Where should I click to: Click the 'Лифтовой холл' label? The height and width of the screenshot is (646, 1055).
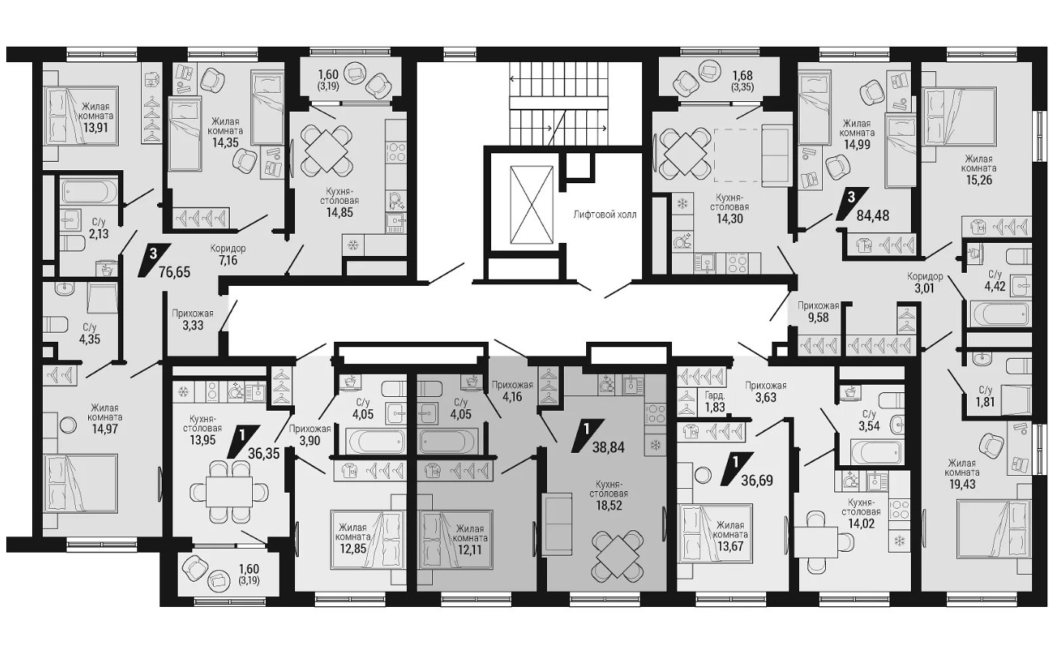[x=604, y=215]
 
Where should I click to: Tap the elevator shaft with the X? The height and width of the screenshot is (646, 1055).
[x=532, y=205]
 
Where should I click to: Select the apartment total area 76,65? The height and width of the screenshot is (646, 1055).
[x=175, y=272]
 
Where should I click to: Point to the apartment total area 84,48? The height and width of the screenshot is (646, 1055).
[x=873, y=216]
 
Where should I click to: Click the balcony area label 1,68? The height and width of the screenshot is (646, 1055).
[x=742, y=75]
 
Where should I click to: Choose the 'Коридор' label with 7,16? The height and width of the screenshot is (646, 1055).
[x=228, y=248]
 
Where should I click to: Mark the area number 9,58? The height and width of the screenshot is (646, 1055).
[x=818, y=317]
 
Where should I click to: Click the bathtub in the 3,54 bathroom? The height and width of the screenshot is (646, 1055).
[x=876, y=452]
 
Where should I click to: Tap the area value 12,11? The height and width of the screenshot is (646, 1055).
[x=470, y=549]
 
